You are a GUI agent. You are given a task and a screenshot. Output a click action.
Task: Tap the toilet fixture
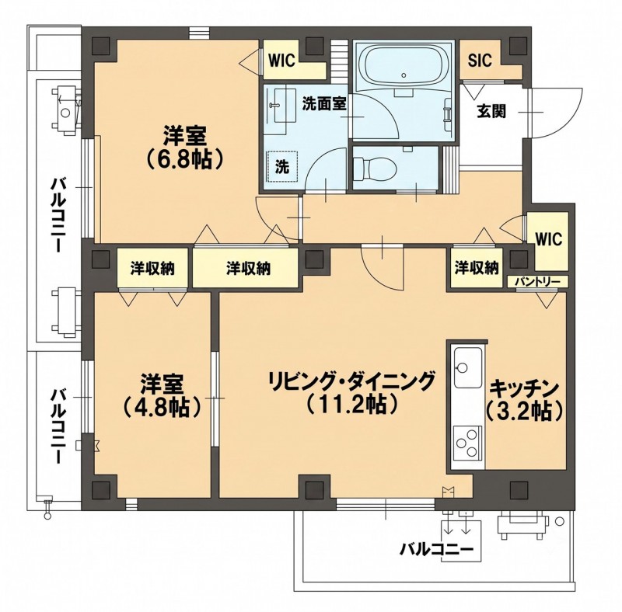pos(374,168)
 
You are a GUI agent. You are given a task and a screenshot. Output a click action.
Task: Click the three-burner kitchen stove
pos(468,443)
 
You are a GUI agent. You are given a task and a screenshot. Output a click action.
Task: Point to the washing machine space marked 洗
pos(282,167)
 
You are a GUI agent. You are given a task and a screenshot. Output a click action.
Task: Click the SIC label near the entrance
pos(480,61)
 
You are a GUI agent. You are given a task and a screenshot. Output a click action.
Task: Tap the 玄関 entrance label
pos(491,112)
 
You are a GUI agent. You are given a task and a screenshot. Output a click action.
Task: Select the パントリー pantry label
pos(538,281)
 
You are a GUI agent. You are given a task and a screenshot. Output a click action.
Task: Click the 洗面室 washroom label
pos(324,103)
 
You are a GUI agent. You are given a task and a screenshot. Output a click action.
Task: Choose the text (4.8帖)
pos(162,407)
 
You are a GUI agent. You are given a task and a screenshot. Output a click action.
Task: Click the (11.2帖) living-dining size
pos(352,404)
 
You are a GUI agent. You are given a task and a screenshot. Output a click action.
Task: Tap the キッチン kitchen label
pos(524,389)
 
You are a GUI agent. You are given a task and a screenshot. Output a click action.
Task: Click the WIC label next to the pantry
pos(549,239)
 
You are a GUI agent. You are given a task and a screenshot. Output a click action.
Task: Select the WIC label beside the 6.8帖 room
pos(282,61)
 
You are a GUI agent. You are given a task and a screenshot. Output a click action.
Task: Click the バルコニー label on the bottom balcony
pos(436,549)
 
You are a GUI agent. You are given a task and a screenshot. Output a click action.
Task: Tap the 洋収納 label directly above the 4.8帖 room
pos(152,269)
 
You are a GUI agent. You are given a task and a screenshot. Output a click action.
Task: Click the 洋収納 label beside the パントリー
pos(477,269)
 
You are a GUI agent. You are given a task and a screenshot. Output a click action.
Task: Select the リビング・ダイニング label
pos(352,381)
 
